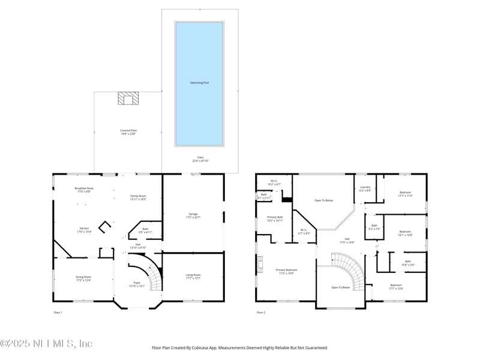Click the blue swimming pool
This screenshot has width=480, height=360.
(199, 84)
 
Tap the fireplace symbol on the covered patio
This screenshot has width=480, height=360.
(127, 98)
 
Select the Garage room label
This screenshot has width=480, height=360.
(193, 215)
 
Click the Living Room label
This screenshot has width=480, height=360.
(193, 276)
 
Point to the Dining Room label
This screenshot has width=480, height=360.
(83, 278)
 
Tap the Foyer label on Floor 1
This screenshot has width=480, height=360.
(137, 284)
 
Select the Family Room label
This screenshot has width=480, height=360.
(139, 197)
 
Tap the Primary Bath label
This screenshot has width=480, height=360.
(275, 218)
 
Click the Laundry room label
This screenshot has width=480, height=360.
(365, 188)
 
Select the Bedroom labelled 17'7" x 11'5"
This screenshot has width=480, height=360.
(405, 194)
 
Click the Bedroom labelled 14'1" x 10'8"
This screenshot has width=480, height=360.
(405, 233)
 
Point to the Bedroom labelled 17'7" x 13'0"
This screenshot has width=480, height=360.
(396, 286)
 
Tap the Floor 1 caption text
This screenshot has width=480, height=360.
(58, 313)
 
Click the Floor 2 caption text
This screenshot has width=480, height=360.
(261, 313)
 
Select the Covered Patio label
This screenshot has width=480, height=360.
(128, 132)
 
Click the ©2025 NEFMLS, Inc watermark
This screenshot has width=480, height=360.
(46, 344)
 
